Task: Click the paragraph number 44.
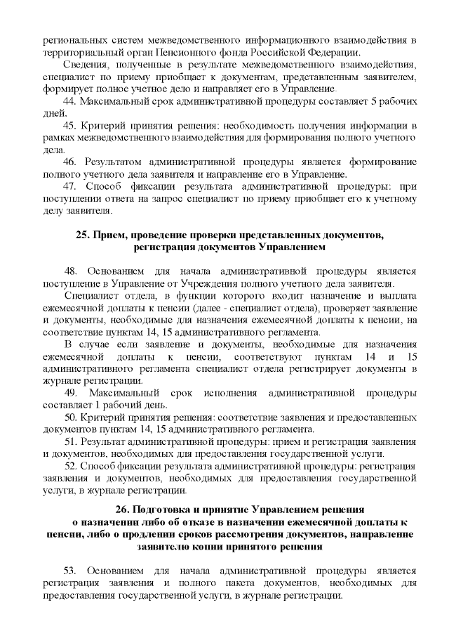(x=69, y=101)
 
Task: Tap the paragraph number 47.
(x=69, y=186)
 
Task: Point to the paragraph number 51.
(x=70, y=441)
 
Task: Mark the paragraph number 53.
(x=70, y=570)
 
